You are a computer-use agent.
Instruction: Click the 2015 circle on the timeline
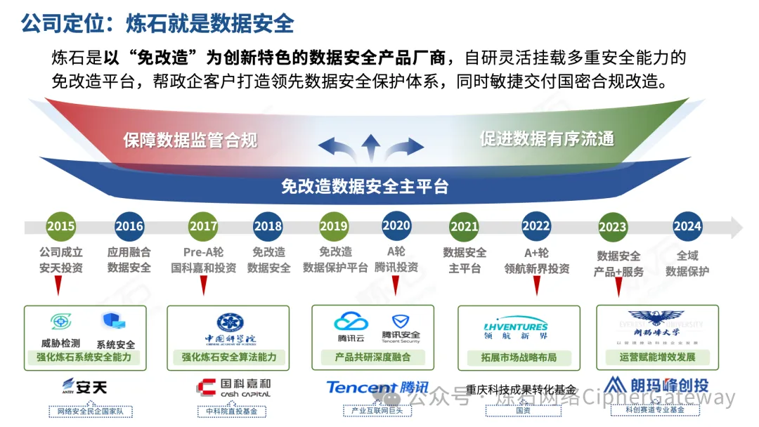coord(61,226)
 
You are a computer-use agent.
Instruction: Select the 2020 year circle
coord(396,225)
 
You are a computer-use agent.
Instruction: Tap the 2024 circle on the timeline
coord(687,226)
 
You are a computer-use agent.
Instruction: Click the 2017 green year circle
coord(203,226)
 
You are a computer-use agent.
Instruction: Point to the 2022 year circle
coord(536,226)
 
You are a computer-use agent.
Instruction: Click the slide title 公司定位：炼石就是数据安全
coord(157,23)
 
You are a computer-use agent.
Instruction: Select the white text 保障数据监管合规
coord(190,140)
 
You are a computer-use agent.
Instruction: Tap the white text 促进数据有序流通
coord(547,138)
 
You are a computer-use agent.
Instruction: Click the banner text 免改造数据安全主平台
coord(365,186)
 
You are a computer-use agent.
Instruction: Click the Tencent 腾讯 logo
coord(377,388)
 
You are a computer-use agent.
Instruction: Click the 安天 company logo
coord(84,386)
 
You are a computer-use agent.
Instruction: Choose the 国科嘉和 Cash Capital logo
coord(233,388)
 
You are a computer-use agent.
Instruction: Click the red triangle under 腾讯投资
coord(396,284)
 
